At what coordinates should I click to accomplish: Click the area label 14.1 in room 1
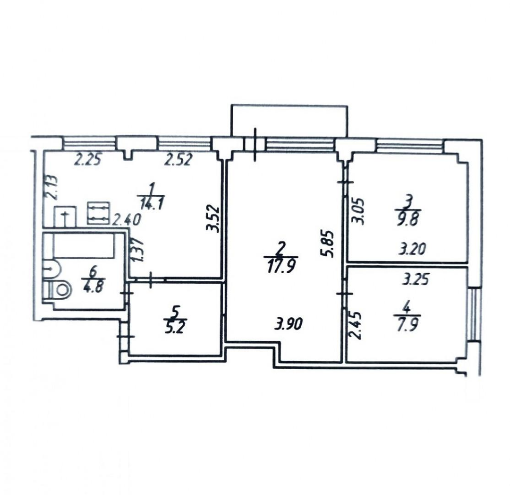tap(152, 204)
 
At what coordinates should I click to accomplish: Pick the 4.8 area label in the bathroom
tap(93, 287)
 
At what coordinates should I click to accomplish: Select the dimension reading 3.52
tap(213, 218)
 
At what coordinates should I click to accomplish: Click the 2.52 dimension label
tap(179, 160)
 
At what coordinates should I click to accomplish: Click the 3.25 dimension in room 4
tap(416, 279)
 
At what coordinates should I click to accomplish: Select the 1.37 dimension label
tap(138, 250)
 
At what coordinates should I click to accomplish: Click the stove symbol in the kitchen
tap(99, 213)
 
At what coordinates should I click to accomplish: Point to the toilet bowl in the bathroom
tap(59, 290)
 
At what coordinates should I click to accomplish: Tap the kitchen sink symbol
tap(65, 216)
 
